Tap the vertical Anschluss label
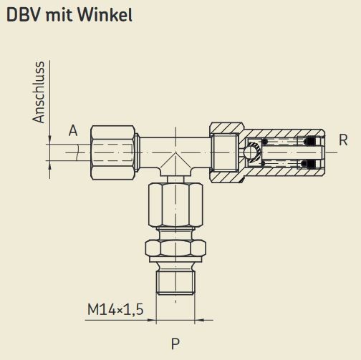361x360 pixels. (39, 92)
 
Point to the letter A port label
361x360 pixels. (73, 131)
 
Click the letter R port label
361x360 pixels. (343, 140)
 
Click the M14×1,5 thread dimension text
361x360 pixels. (115, 310)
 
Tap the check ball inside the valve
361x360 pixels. (252, 152)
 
